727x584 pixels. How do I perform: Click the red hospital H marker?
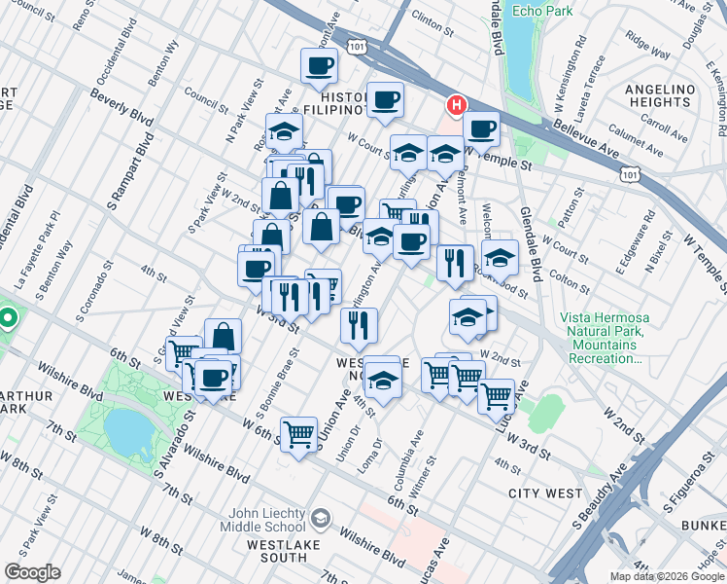[455, 105]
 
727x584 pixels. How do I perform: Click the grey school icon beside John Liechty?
[324, 517]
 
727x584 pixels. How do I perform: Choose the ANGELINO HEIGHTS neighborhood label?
[661, 95]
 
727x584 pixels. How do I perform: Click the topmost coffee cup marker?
[320, 67]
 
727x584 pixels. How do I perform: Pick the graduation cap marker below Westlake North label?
[383, 376]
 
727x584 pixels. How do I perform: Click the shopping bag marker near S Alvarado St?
[224, 337]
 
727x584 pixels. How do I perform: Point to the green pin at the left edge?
[8, 319]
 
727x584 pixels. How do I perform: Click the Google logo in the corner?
[31, 572]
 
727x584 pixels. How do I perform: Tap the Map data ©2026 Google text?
[666, 576]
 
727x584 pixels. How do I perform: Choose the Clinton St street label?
[432, 17]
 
